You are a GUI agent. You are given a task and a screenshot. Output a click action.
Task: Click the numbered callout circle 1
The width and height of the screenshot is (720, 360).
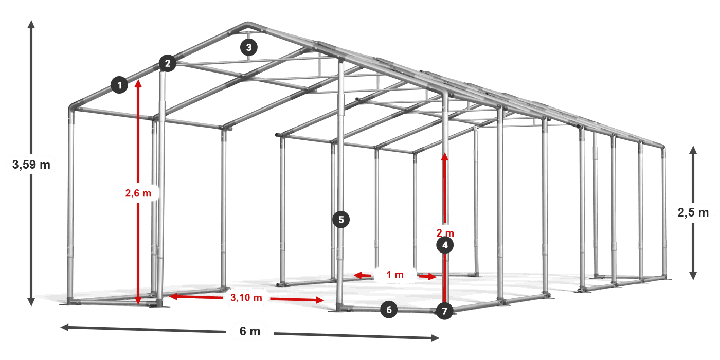coord(120,85)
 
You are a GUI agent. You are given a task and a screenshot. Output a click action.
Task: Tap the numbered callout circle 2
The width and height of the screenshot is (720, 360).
coord(167,64)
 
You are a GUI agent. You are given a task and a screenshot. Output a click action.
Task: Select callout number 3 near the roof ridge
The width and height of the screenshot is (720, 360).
coord(249,48)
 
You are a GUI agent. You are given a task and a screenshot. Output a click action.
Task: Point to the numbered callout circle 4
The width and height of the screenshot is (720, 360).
coord(445,246)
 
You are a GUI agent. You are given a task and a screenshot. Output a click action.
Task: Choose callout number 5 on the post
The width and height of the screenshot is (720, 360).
coord(341,220)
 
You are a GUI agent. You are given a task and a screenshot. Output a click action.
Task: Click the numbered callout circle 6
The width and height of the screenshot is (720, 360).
coord(389,310)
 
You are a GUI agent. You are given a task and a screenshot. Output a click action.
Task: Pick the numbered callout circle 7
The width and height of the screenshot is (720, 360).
coord(445,311)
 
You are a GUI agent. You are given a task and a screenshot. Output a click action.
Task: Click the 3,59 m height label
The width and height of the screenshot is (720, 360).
coord(31,165)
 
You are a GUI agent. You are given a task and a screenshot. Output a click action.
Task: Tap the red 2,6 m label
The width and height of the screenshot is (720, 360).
coord(138,193)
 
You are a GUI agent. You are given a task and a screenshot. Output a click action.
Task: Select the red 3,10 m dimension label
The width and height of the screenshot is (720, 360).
coord(246,297)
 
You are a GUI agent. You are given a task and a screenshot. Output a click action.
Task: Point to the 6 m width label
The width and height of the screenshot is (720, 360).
coord(250,331)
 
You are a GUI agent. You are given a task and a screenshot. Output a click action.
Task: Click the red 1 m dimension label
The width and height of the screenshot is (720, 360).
coord(395,275)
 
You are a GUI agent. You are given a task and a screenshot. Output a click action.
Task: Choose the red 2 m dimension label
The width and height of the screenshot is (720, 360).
coord(445,232)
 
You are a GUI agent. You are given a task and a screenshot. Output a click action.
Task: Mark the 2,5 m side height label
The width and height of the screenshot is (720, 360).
coord(693,212)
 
